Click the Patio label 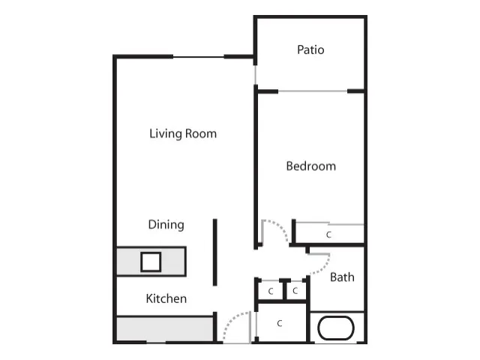coord(310,49)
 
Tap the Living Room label coord(183,133)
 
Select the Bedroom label coord(311,166)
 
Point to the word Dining coord(166,225)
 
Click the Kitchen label coord(166,298)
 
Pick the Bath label coord(342,277)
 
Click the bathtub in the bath coord(336,328)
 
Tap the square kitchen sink coord(151,262)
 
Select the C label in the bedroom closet coord(328,235)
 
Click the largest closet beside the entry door coord(282,322)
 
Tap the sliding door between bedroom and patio coord(313,91)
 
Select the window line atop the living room coord(198,57)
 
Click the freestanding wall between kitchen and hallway coord(215,252)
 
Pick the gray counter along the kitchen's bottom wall coord(165,328)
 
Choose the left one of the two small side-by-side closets coord(271,291)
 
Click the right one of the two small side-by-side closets coord(295,291)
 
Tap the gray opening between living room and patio coord(255,75)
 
